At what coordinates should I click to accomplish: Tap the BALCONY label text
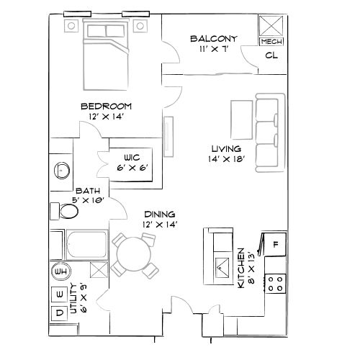pos(214,38)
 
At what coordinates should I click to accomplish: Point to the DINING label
pos(159,214)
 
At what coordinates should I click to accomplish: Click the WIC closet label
pos(131,156)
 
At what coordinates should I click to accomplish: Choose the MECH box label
pos(271,42)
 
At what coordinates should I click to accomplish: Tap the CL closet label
pos(271,55)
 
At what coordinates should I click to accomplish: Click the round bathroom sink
pos(62,171)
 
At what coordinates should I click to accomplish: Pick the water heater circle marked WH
pos(60,272)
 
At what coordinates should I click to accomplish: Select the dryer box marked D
pos(59,314)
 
